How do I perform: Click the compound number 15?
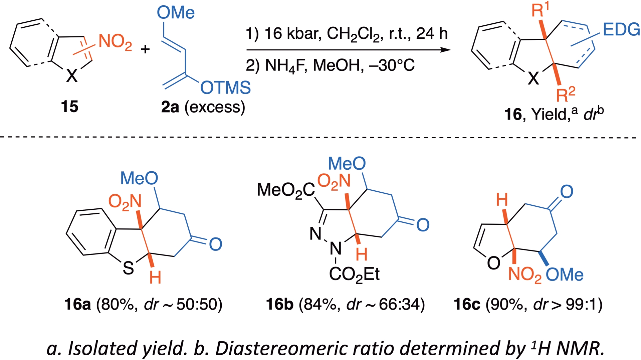69,107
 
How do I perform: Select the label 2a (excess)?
203,107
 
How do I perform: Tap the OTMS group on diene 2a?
225,88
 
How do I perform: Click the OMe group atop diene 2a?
176,13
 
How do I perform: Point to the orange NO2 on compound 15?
115,42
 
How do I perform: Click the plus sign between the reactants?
145,49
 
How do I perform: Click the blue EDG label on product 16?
621,30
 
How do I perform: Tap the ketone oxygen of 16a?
215,244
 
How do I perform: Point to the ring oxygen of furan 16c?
493,263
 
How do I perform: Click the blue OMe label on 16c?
565,275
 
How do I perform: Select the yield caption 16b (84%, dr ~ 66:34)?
345,305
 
